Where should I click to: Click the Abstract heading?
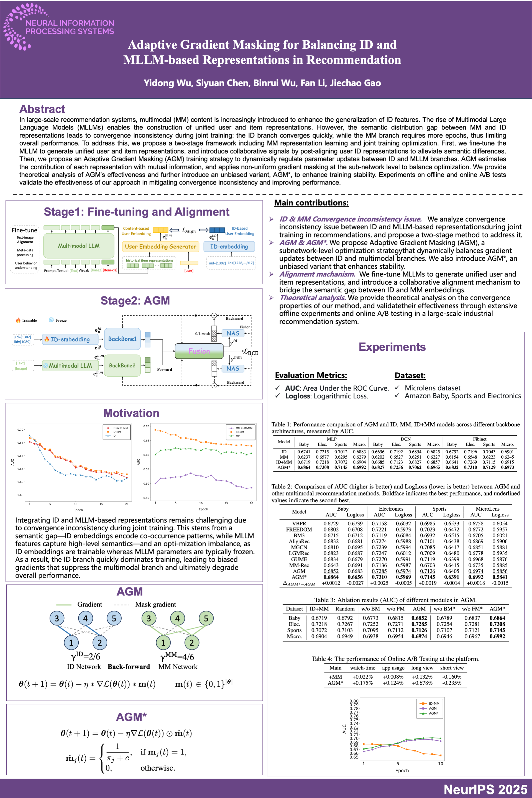42,109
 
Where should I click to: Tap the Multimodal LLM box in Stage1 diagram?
79,246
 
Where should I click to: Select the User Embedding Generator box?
160,247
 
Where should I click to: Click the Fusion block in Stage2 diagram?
199,351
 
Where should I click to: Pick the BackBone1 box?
122,339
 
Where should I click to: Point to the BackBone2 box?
122,365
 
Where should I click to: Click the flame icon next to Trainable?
18,320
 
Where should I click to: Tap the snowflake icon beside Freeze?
51,320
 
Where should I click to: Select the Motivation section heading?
131,413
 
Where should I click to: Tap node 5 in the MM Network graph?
206,618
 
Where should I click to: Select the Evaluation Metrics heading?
311,375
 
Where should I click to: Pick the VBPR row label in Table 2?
299,523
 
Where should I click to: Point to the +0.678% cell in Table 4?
422,683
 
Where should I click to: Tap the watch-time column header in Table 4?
363,668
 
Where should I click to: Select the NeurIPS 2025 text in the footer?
485,789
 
